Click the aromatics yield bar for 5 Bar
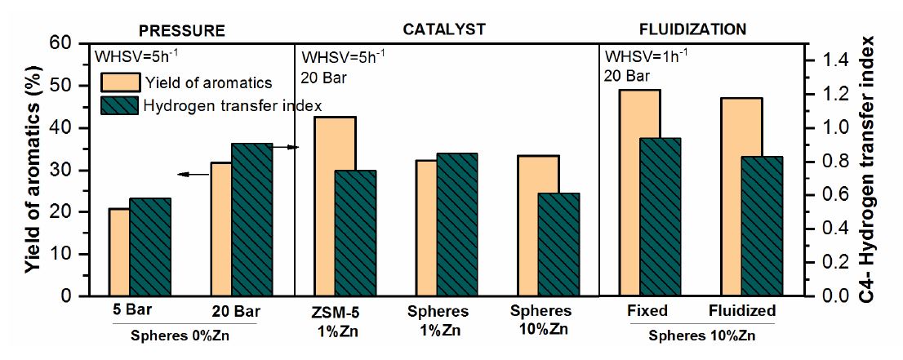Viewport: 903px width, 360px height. [x=119, y=252]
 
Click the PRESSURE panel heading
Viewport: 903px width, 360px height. [x=181, y=29]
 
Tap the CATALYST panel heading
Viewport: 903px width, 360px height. [x=444, y=29]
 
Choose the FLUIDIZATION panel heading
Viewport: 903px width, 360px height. [x=692, y=29]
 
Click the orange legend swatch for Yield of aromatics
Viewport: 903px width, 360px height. [x=119, y=82]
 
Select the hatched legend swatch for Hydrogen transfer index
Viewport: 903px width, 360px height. [x=119, y=106]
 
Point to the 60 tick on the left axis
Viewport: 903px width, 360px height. [x=72, y=43]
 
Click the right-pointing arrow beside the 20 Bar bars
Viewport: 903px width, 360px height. [x=286, y=147]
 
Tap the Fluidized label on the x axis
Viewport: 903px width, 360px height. [x=741, y=311]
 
